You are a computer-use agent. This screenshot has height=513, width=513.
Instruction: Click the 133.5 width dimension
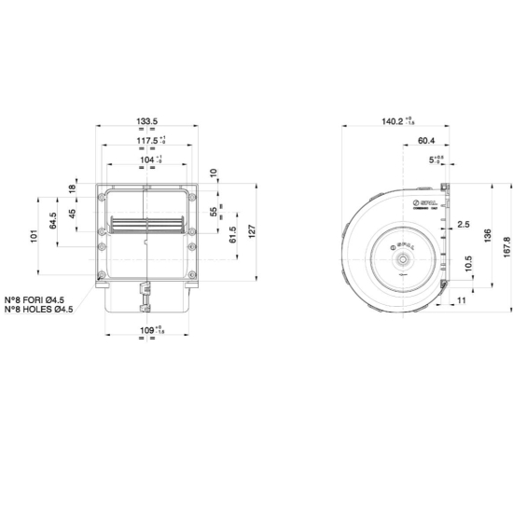[x=146, y=121]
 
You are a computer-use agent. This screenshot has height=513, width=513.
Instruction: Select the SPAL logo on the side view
[x=424, y=202]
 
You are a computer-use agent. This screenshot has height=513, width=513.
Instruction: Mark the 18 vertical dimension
[x=74, y=188]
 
